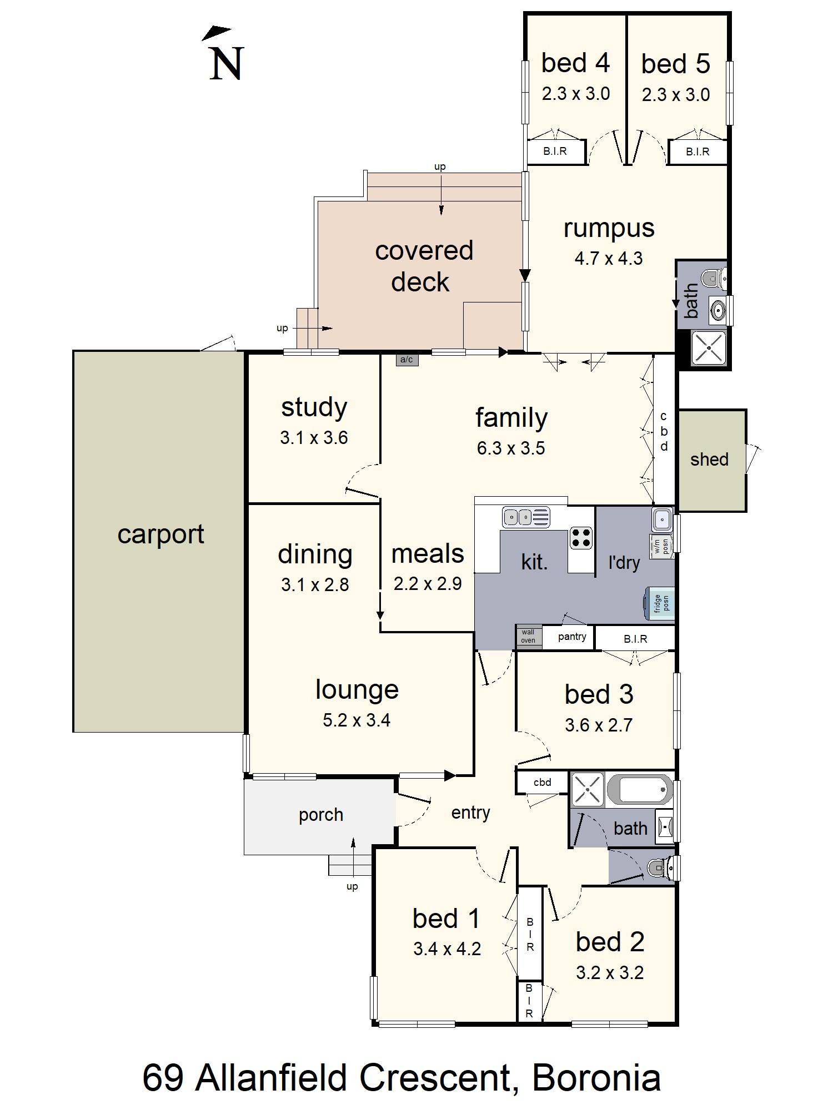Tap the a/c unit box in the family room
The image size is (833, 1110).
(x=407, y=360)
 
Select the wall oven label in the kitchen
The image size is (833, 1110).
(x=528, y=636)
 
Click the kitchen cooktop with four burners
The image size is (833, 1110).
(x=581, y=537)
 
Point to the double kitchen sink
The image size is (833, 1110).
(x=526, y=517)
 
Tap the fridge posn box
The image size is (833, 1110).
(x=660, y=603)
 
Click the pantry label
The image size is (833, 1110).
(x=572, y=637)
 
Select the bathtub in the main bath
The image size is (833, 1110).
(x=640, y=789)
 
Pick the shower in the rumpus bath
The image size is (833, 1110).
(x=709, y=347)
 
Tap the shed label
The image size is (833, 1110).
(x=709, y=460)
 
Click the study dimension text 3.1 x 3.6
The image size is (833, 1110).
(x=314, y=438)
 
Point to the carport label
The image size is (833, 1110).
(x=161, y=534)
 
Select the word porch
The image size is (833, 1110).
(x=321, y=815)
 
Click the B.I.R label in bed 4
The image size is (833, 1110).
(x=555, y=151)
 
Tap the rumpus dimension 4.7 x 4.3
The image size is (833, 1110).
(x=609, y=259)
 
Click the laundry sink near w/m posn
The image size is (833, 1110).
(x=661, y=520)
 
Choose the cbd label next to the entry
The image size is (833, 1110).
(x=542, y=783)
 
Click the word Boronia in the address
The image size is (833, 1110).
(x=596, y=1078)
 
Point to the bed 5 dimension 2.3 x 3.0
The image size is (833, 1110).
(x=676, y=95)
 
